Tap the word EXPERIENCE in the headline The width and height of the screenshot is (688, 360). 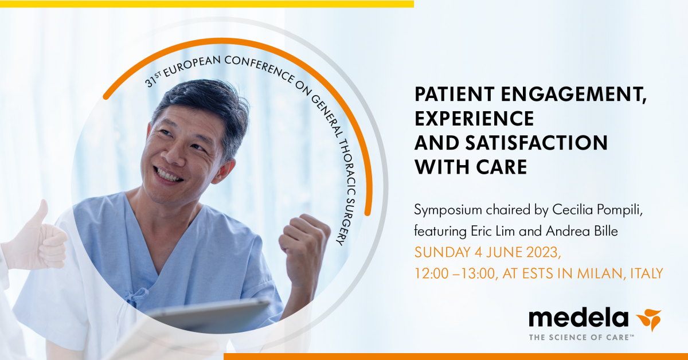coord(474,118)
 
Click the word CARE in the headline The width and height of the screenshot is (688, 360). coord(502,167)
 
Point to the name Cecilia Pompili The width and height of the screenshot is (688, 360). coord(597,210)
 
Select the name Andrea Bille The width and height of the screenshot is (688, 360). coord(582,231)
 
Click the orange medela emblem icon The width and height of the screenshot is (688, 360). coord(648,320)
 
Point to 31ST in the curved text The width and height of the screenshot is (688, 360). coord(153,80)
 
